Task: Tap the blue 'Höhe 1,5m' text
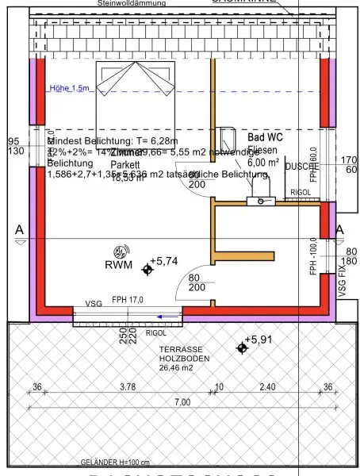pyautogui.click(x=69, y=89)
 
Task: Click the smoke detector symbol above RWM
pyautogui.click(x=122, y=250)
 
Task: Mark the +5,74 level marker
pyautogui.click(x=147, y=270)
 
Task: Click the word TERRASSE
pyautogui.click(x=180, y=350)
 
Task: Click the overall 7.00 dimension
pyautogui.click(x=182, y=402)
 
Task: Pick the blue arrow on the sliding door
pyautogui.click(x=165, y=316)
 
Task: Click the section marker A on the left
pyautogui.click(x=17, y=229)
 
